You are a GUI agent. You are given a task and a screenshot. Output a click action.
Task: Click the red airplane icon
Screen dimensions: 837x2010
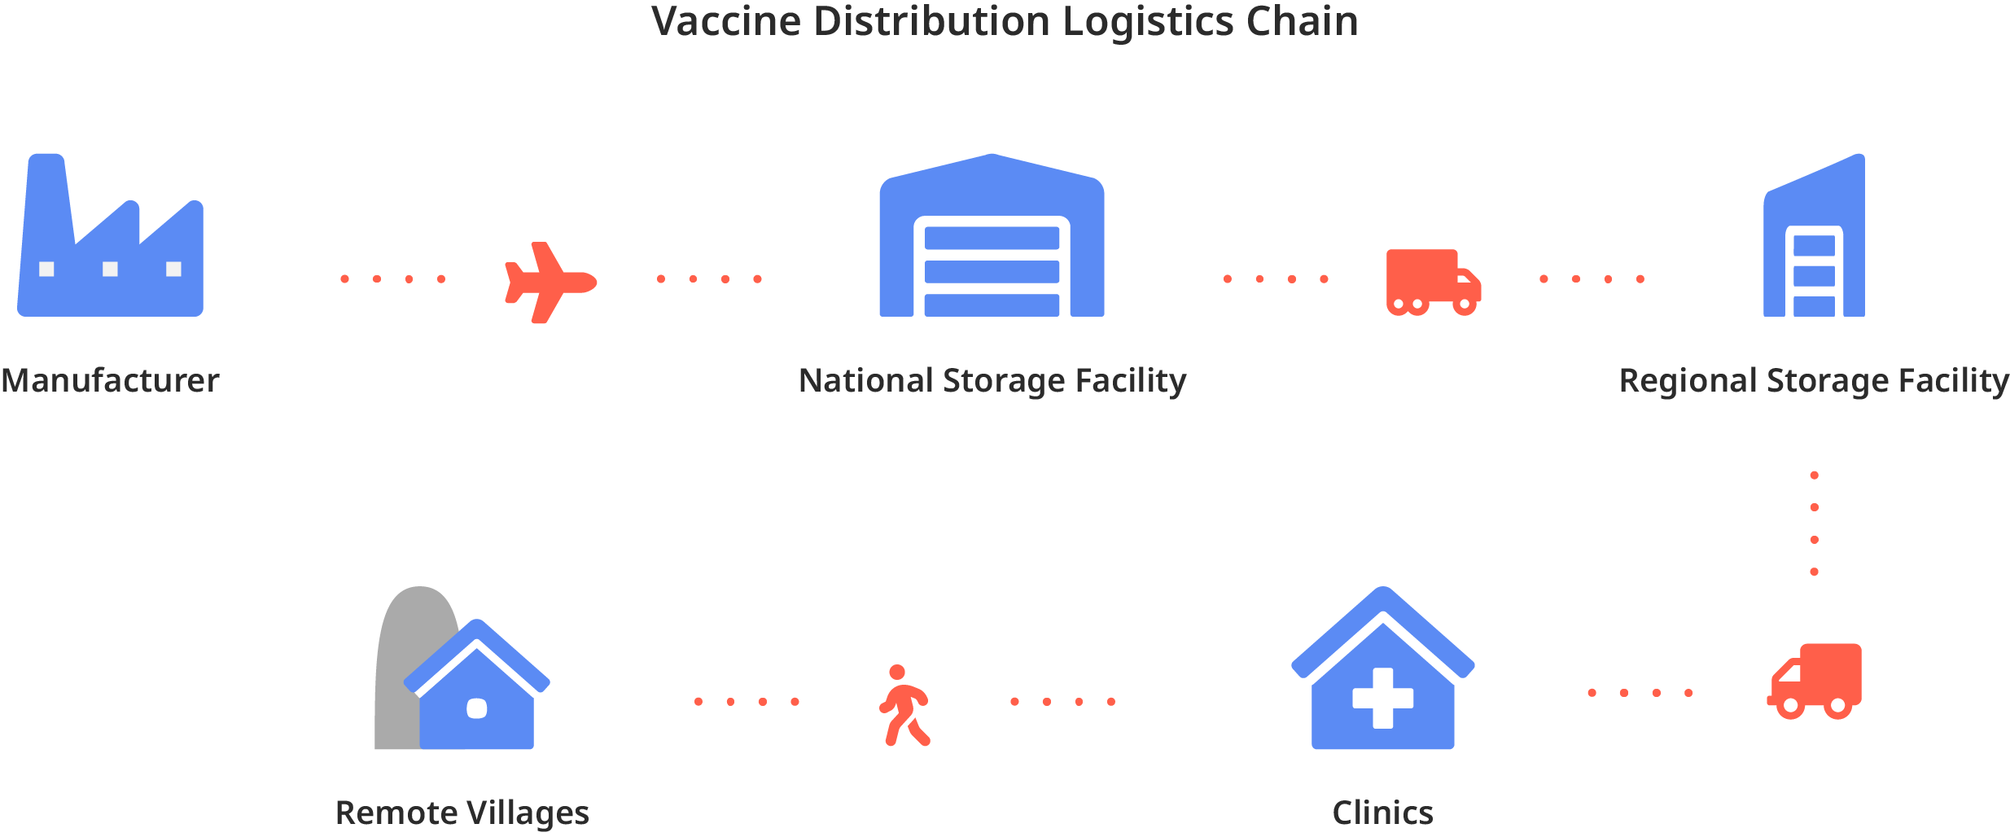click(549, 282)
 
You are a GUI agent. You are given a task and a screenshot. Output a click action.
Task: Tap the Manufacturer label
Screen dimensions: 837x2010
click(110, 380)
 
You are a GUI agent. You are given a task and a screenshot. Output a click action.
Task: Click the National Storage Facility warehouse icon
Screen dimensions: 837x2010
click(992, 236)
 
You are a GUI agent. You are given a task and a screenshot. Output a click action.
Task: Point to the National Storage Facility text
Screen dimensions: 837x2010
click(992, 380)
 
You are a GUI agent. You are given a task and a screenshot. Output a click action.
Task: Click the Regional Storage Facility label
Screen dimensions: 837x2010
click(1814, 380)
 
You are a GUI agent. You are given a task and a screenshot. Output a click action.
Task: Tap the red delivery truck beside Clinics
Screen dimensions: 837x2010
click(1815, 681)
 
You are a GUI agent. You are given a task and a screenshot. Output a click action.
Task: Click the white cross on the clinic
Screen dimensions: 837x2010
click(1382, 698)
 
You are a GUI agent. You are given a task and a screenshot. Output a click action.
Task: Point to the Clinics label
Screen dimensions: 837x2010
click(1382, 813)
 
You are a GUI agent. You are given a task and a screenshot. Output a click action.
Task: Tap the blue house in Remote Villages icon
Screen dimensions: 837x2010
click(477, 692)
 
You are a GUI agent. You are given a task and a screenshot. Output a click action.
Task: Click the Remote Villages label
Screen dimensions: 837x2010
click(462, 813)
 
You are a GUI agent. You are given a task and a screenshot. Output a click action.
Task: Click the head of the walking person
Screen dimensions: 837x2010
click(897, 673)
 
